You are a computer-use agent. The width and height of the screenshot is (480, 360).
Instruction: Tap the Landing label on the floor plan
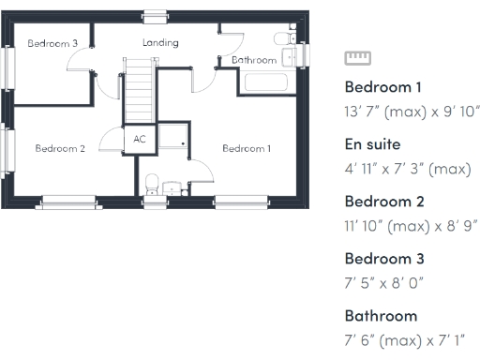pyautogui.click(x=160, y=43)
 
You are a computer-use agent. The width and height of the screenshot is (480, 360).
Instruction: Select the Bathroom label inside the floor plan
pyautogui.click(x=254, y=60)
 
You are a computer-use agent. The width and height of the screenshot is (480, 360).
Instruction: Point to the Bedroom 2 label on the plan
pyautogui.click(x=61, y=148)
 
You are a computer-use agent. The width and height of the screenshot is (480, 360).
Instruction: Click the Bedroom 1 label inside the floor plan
pyautogui.click(x=247, y=148)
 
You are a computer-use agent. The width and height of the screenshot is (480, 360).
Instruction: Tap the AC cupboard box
pyautogui.click(x=140, y=139)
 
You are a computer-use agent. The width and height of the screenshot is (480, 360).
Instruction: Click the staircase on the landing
pyautogui.click(x=139, y=90)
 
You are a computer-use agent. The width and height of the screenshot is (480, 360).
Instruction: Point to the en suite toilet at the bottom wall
pyautogui.click(x=151, y=184)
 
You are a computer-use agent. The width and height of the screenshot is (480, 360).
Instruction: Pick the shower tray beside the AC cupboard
pyautogui.click(x=172, y=137)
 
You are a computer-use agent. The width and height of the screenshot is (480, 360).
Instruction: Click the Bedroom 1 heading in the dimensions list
pyautogui.click(x=383, y=87)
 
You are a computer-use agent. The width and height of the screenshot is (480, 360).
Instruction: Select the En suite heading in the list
pyautogui.click(x=373, y=144)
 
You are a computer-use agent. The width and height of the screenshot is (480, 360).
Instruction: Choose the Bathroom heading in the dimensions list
pyautogui.click(x=380, y=315)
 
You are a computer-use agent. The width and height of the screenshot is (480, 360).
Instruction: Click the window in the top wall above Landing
pyautogui.click(x=155, y=13)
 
